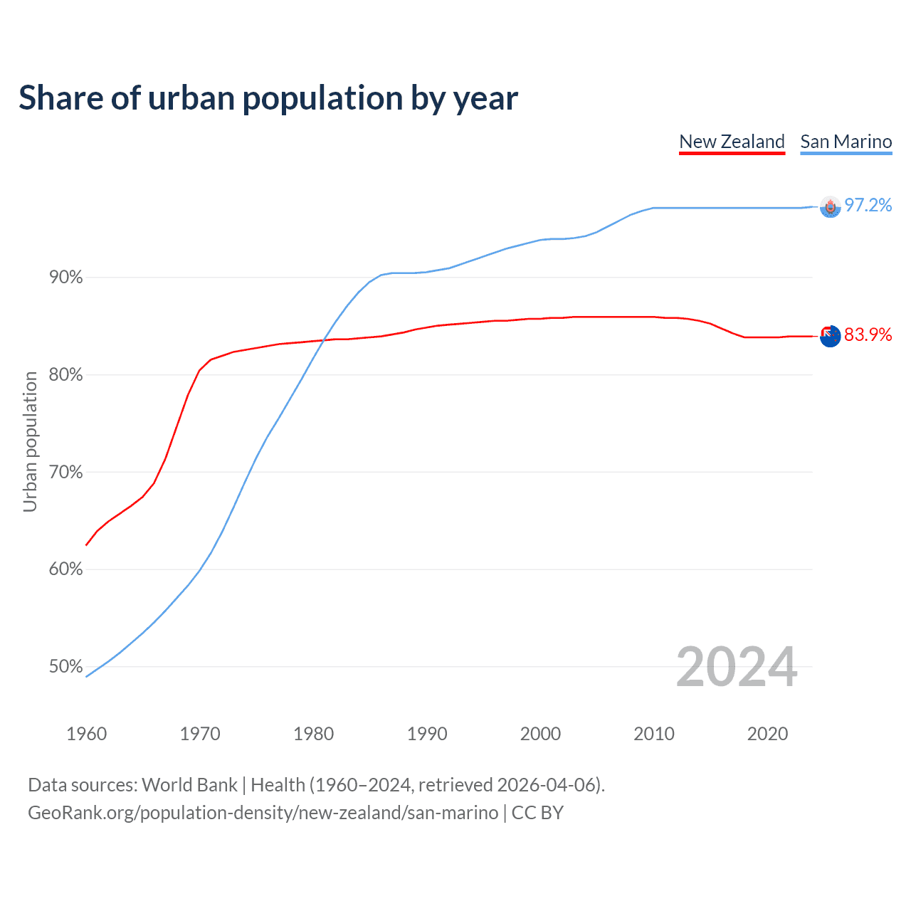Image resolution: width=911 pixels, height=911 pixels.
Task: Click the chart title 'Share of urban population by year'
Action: (268, 98)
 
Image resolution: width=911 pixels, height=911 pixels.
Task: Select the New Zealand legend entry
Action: (732, 142)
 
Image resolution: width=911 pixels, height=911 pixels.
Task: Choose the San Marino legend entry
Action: (846, 142)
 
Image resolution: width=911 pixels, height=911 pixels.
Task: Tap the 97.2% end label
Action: (868, 206)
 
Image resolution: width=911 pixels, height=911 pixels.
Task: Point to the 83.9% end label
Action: (868, 335)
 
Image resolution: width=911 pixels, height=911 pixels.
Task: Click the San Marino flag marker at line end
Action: (830, 206)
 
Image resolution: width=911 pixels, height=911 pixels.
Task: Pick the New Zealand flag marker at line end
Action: (830, 336)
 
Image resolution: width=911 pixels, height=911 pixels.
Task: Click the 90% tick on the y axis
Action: (66, 278)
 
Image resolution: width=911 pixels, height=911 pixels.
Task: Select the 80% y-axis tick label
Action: (66, 375)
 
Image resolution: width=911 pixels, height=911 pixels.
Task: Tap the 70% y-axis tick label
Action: (66, 473)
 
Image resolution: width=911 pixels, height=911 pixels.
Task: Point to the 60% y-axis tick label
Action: (66, 569)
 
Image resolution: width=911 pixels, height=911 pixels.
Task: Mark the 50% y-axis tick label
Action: (66, 667)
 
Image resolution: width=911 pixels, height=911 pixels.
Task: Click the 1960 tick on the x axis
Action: (87, 734)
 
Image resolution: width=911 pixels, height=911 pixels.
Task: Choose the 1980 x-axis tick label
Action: (314, 734)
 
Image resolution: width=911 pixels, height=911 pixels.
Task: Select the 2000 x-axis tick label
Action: (541, 734)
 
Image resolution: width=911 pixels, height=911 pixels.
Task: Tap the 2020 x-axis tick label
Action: (767, 734)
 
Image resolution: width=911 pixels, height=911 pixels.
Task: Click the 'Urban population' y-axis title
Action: (30, 441)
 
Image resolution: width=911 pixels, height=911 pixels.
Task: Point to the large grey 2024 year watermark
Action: (737, 668)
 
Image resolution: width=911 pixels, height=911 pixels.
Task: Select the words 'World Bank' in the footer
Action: (189, 785)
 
